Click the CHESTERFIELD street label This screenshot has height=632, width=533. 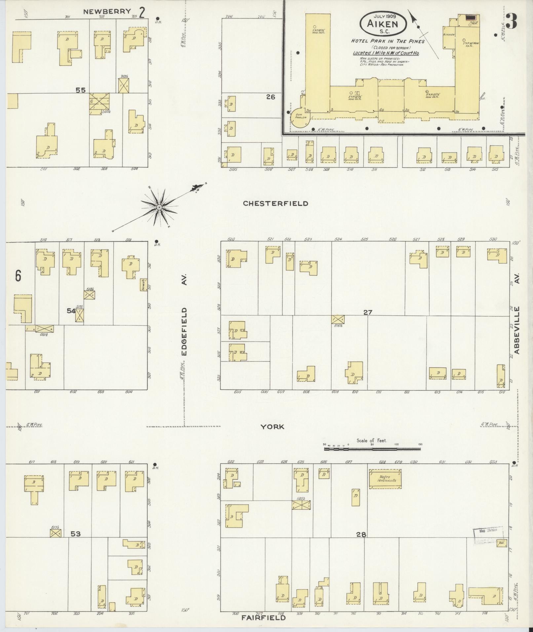tap(275, 204)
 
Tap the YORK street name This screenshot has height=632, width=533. tap(272, 427)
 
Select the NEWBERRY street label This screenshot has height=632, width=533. tap(107, 12)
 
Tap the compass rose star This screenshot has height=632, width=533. tap(159, 207)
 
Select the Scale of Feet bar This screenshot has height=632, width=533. tap(372, 449)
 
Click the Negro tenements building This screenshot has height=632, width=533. tap(385, 479)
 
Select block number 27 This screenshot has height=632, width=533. tap(368, 312)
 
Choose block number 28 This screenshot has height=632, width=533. tap(361, 534)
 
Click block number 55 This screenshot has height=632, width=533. tap(81, 90)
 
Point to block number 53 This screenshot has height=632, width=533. tap(76, 534)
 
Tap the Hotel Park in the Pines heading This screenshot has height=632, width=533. tap(388, 42)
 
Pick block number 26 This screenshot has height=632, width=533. tap(271, 97)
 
